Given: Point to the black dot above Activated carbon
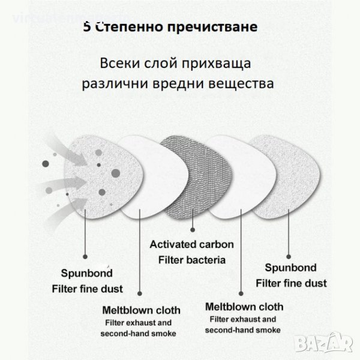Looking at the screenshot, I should point(192,229).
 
